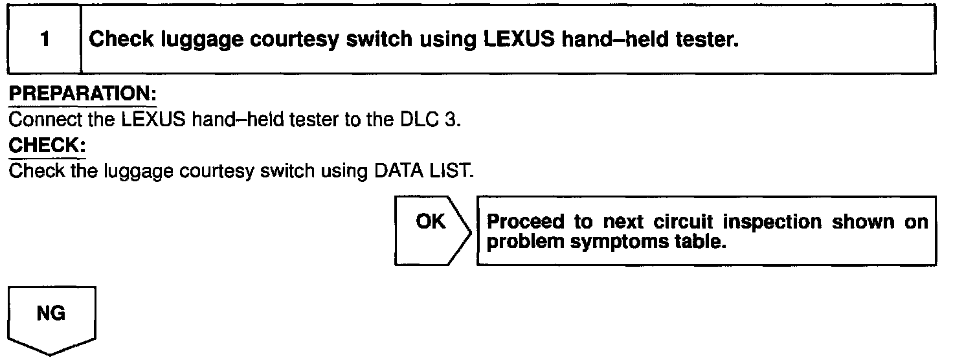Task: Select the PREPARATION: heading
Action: click(82, 95)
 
